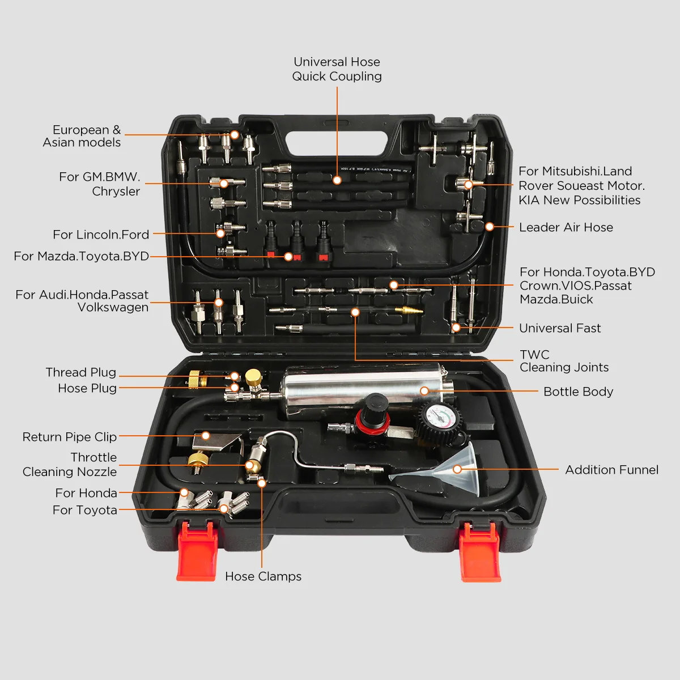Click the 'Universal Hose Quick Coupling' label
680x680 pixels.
[x=337, y=69]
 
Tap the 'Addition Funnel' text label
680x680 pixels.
[x=611, y=470]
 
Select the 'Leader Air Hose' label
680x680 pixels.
[x=566, y=227]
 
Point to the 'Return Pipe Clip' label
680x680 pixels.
[x=70, y=437]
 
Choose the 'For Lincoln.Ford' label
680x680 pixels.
[x=101, y=234]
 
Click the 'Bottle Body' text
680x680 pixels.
[x=578, y=392]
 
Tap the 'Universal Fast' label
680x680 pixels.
[x=560, y=328]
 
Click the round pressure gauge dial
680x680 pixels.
[x=439, y=416]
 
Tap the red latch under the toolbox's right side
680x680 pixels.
[x=480, y=552]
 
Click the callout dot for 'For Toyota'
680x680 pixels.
[x=224, y=508]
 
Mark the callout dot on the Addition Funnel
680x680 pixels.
[x=457, y=469]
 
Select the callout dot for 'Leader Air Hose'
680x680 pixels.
[x=489, y=227]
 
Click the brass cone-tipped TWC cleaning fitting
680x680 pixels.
[x=409, y=311]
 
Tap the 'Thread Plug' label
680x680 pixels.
[x=81, y=372]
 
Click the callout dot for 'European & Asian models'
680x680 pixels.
[x=235, y=134]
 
